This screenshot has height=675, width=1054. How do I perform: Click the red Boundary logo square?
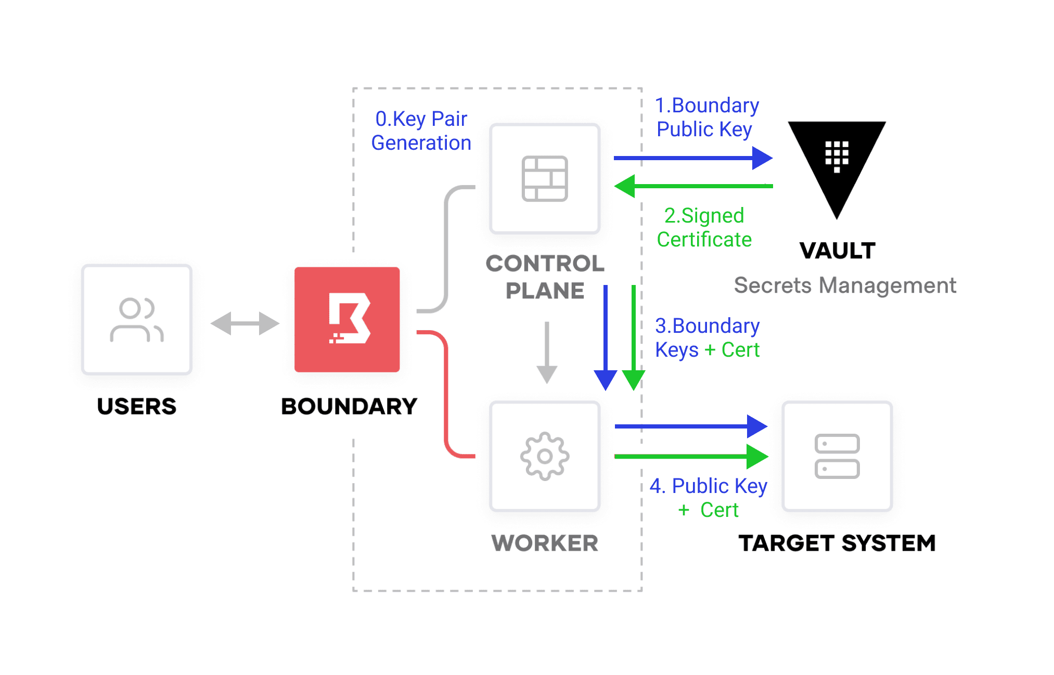coord(347,319)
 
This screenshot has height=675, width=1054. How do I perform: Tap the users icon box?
coord(137,319)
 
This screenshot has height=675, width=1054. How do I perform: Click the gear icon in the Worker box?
coord(545,456)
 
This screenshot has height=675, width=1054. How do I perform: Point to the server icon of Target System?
coord(837,456)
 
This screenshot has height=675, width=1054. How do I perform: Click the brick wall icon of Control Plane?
coord(545,178)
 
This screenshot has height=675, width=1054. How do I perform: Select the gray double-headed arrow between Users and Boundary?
coord(245,323)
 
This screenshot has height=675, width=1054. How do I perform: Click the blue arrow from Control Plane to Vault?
coord(692,158)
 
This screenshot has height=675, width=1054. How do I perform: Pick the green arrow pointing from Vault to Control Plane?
coord(692,186)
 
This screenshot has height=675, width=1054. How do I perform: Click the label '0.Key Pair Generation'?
coord(421,131)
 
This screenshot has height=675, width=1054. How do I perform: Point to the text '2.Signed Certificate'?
coord(704,227)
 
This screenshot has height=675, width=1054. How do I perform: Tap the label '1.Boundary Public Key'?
coord(706,117)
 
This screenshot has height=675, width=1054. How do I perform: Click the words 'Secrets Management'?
coord(844,285)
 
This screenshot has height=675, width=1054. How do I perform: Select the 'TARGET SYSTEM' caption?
coord(837,543)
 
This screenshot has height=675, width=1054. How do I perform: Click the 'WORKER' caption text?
coord(545,543)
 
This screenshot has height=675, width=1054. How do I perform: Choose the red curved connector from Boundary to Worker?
coord(446,395)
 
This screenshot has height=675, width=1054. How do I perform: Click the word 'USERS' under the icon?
coord(137,406)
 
